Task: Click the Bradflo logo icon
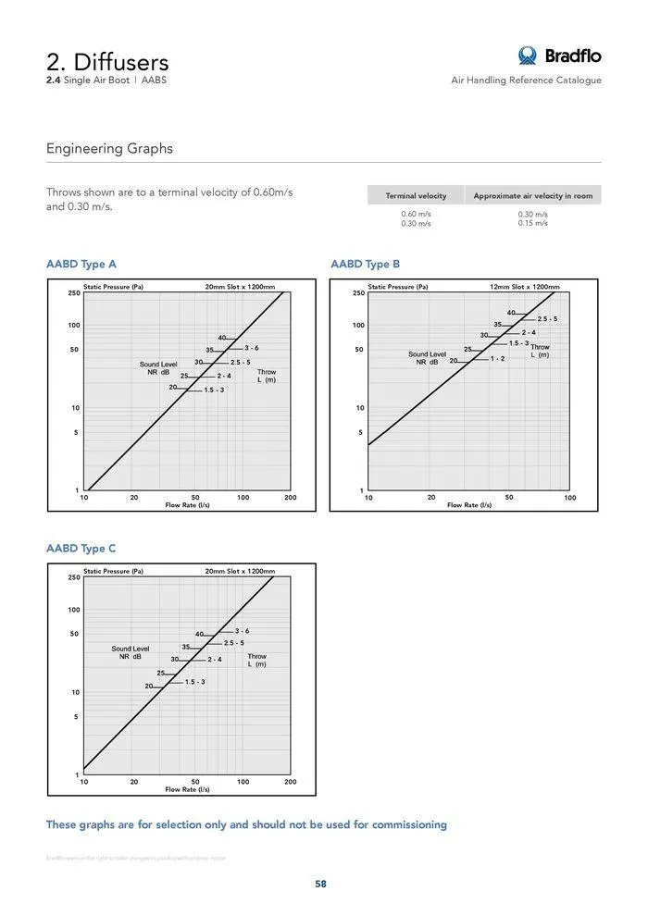[528, 56]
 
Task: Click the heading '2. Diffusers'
[107, 62]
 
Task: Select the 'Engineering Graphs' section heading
[109, 149]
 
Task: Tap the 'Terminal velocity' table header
[416, 196]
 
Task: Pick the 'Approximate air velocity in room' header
[532, 196]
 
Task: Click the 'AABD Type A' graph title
[81, 265]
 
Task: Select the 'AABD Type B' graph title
[365, 265]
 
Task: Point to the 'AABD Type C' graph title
[81, 549]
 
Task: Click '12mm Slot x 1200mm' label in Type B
[524, 287]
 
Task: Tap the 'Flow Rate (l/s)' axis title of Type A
[187, 505]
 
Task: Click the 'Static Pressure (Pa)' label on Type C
[113, 571]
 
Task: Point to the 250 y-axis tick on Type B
[358, 293]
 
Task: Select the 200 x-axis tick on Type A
[290, 498]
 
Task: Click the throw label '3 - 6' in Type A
[251, 348]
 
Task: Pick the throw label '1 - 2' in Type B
[497, 358]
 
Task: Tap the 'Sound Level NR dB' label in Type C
[130, 652]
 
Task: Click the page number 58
[320, 884]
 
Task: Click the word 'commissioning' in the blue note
[408, 824]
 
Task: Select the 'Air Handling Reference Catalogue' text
[526, 80]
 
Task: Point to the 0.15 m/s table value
[532, 223]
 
